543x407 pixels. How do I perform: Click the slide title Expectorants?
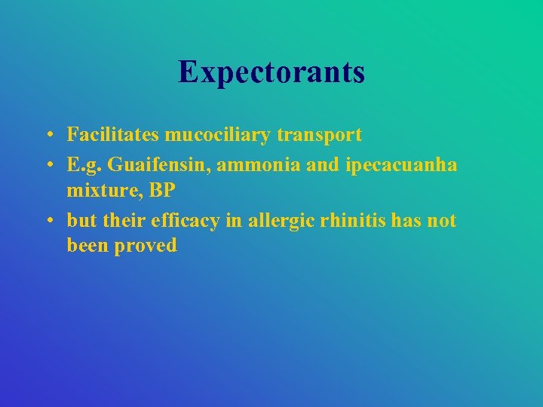(271, 72)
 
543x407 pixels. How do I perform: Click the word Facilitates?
(112, 135)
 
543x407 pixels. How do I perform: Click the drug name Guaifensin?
(155, 164)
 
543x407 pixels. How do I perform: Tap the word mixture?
(104, 191)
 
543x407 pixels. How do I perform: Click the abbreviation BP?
(161, 191)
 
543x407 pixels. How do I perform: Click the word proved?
(146, 246)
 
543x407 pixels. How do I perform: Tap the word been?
(87, 246)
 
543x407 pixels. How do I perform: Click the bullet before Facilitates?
(48, 136)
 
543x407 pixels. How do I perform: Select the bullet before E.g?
(48, 165)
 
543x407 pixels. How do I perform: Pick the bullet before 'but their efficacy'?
(48, 221)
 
